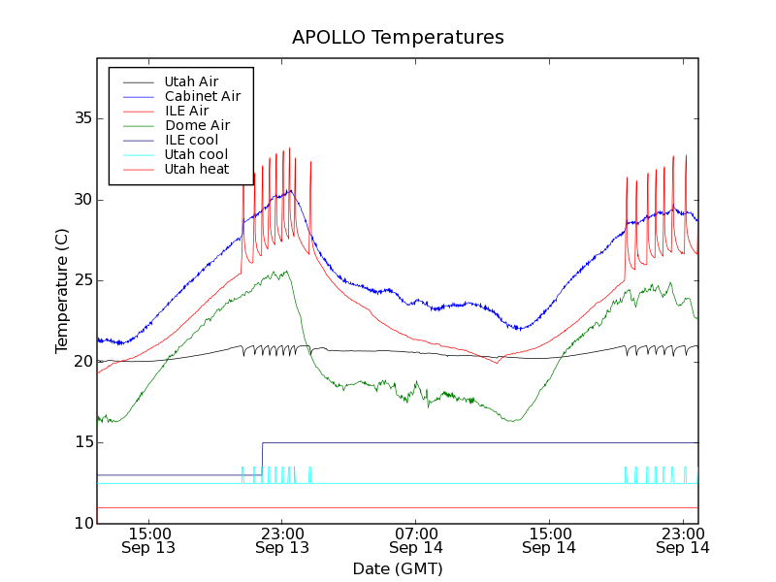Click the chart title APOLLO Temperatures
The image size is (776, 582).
(x=398, y=38)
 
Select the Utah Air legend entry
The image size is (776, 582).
(x=191, y=81)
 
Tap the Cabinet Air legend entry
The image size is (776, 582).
(x=202, y=96)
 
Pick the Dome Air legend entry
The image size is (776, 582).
(x=197, y=125)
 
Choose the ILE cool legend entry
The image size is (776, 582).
(x=191, y=140)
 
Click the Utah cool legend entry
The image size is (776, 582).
(x=196, y=154)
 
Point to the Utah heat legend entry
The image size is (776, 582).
(x=196, y=169)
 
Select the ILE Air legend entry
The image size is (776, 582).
(x=186, y=111)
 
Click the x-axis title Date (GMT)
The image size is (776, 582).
(x=398, y=568)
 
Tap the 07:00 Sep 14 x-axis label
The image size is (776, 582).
(x=415, y=540)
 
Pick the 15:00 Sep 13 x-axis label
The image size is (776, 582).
(x=148, y=540)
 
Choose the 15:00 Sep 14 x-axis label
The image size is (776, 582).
(x=549, y=540)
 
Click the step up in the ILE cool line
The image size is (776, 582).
(x=262, y=459)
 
